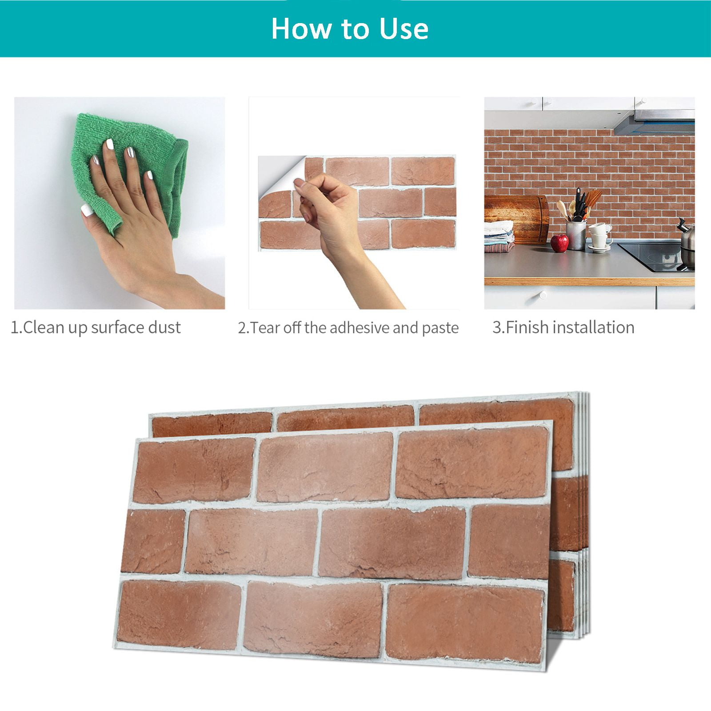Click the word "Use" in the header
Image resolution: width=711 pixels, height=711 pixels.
point(404,29)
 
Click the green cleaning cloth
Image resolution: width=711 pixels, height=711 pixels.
point(133,169)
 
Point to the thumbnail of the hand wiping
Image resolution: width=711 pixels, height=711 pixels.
point(120,203)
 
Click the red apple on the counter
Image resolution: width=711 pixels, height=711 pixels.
point(559,243)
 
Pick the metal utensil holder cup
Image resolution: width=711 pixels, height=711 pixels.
point(576,235)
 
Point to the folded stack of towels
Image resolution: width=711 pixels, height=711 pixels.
point(499,236)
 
